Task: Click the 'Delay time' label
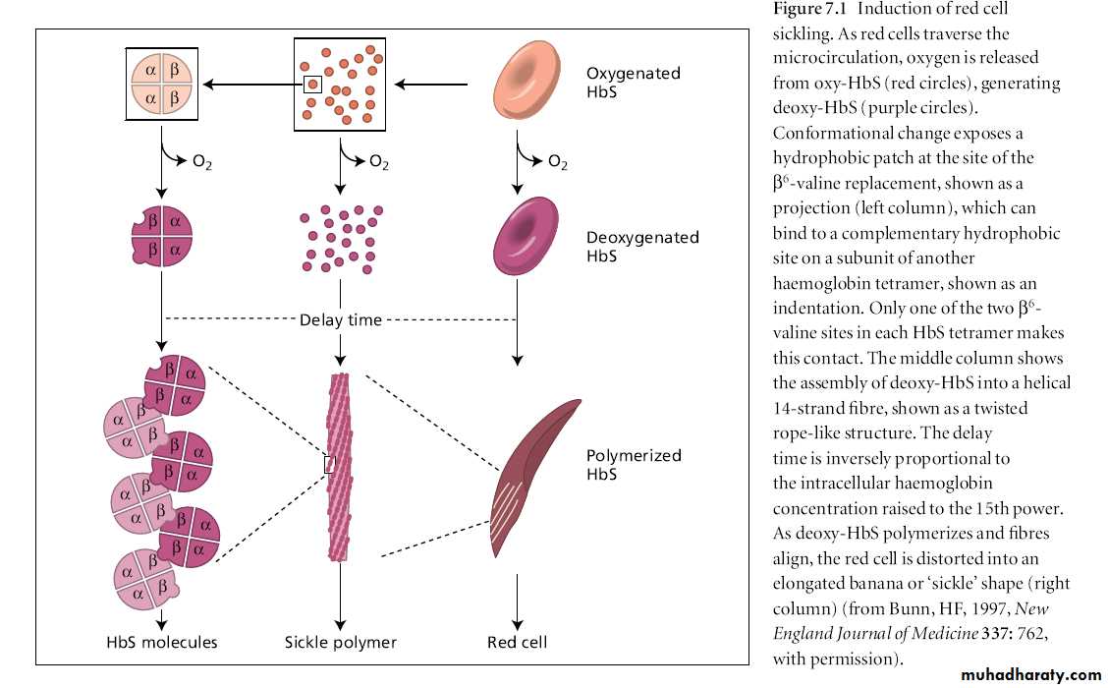pos(340,320)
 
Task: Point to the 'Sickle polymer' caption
pos(340,643)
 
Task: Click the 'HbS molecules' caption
pos(162,643)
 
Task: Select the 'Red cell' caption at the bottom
pos(517,643)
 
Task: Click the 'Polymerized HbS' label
pos(634,465)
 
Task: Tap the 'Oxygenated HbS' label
pos(634,84)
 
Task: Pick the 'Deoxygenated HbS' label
pos(642,246)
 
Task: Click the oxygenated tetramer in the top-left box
pos(162,85)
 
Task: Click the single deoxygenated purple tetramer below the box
pos(162,237)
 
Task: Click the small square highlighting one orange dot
pos(312,85)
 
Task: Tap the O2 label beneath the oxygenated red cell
pos(557,163)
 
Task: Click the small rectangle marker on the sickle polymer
pos(330,464)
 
